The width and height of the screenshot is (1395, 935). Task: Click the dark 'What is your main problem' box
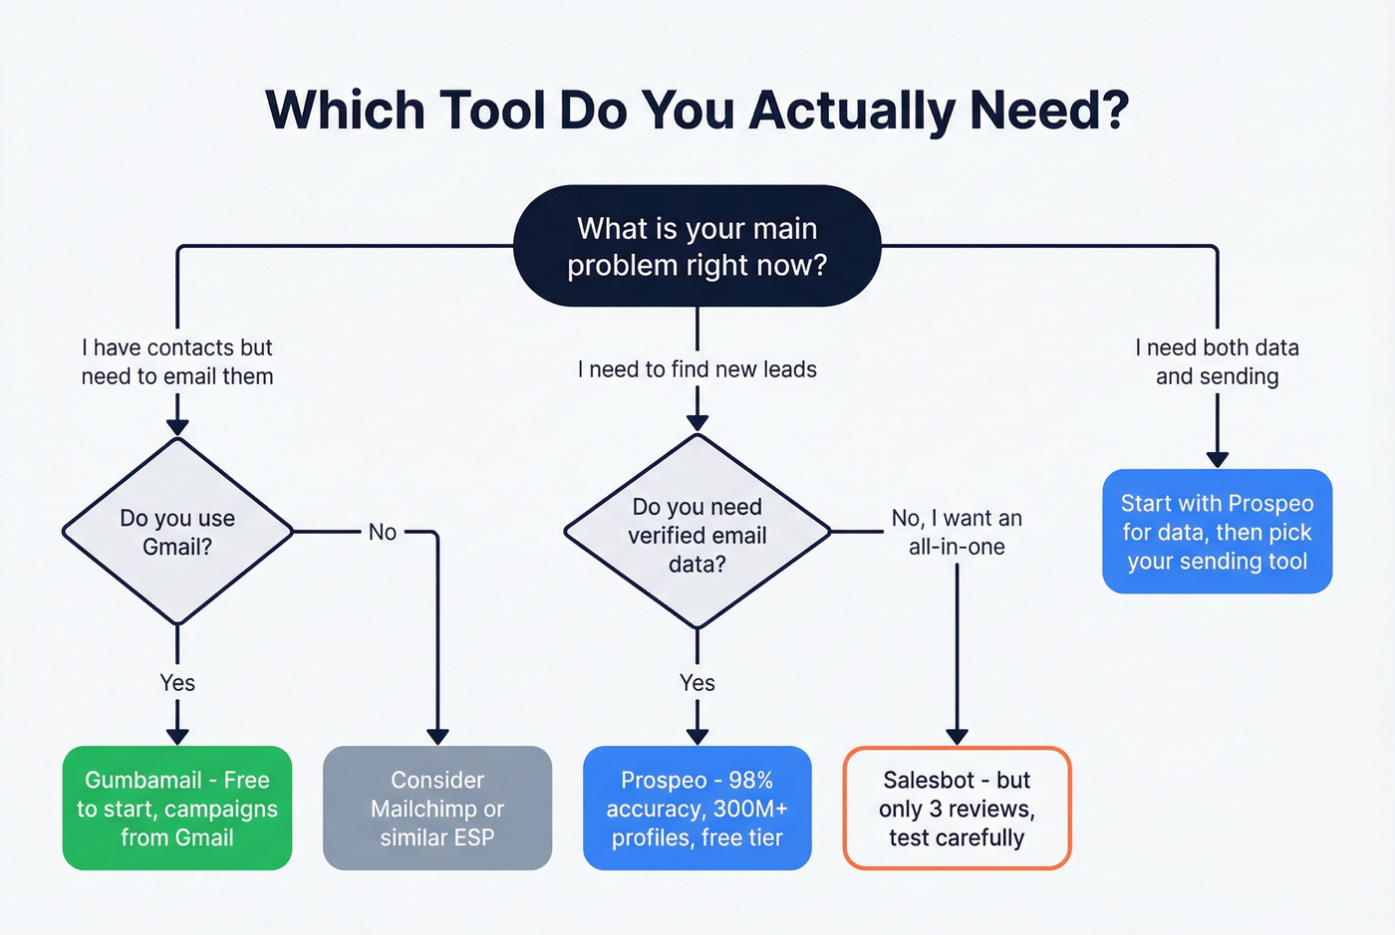[697, 246]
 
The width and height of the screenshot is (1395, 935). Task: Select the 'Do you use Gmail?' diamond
[177, 532]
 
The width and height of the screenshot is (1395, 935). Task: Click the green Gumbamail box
[177, 808]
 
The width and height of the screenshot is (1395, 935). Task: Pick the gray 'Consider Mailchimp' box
[437, 808]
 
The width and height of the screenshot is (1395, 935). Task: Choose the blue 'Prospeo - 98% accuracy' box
[697, 808]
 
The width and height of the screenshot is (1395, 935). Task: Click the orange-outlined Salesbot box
[957, 808]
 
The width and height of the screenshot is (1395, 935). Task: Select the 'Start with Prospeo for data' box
[1217, 532]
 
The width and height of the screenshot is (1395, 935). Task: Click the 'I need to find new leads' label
[697, 369]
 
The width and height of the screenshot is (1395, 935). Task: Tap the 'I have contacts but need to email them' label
[177, 361]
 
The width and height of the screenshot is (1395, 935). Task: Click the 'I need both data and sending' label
[1217, 361]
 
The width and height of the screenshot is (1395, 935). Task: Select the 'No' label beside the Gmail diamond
[383, 532]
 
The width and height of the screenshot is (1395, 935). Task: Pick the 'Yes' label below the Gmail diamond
[177, 683]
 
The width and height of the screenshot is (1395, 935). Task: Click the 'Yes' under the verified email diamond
[697, 683]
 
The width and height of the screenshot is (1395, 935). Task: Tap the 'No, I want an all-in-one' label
[957, 532]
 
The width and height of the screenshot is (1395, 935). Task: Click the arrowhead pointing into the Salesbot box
[957, 737]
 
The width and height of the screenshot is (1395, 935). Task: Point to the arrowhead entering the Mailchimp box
[437, 737]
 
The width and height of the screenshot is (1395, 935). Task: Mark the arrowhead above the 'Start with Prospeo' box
[1217, 459]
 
